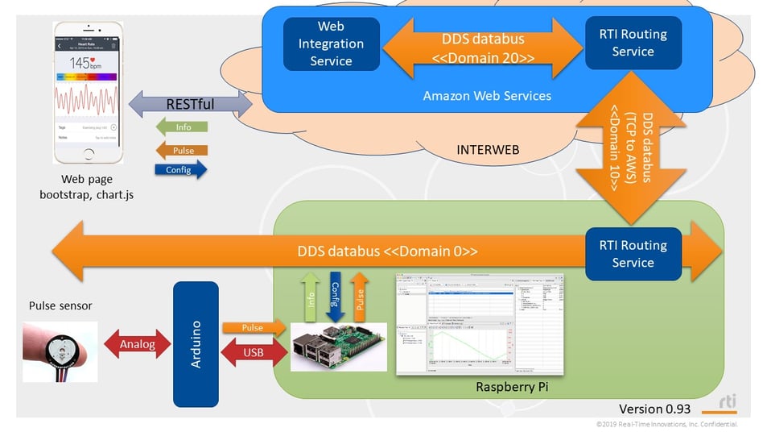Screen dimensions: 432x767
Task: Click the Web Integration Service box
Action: pos(331,44)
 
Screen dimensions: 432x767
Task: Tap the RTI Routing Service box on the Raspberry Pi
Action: pos(633,254)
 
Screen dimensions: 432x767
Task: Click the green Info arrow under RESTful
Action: pos(181,127)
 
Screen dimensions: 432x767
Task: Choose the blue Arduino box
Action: pos(196,344)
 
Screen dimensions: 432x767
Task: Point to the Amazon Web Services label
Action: pos(487,96)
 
